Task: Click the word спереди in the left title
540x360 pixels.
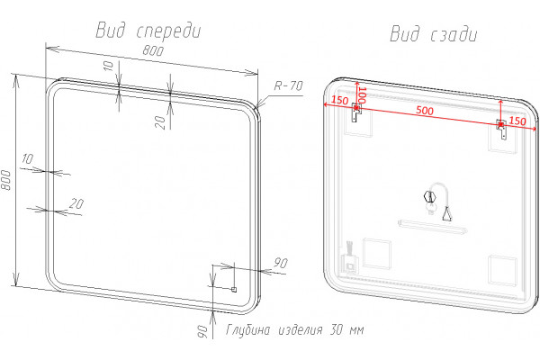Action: [x=169, y=31]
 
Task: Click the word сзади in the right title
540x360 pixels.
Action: [x=454, y=34]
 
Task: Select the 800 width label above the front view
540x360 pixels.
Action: [x=153, y=50]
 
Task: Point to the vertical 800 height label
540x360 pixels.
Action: [x=6, y=179]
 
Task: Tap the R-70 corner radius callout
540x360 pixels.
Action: [x=288, y=85]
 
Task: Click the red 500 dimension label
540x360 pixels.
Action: [x=425, y=110]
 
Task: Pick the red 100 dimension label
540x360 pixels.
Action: [x=361, y=95]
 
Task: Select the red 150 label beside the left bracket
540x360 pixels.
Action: [x=339, y=100]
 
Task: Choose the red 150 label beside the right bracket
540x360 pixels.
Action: [x=517, y=121]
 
